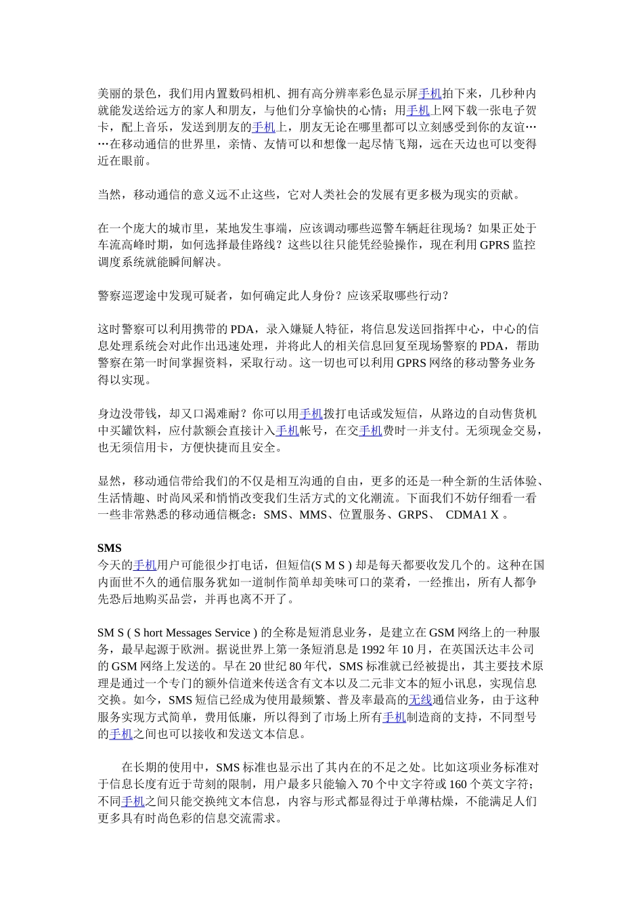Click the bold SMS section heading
click(x=109, y=548)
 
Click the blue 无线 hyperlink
click(x=420, y=699)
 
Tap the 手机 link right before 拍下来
click(x=430, y=93)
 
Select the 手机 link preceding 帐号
click(x=287, y=430)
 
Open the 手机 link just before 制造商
click(x=394, y=716)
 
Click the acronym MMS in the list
click(x=313, y=515)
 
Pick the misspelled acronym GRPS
click(x=412, y=515)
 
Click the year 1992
click(x=374, y=649)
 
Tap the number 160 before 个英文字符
click(x=458, y=784)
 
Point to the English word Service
click(x=232, y=632)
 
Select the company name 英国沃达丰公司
click(x=496, y=649)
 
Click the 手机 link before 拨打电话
click(x=311, y=413)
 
